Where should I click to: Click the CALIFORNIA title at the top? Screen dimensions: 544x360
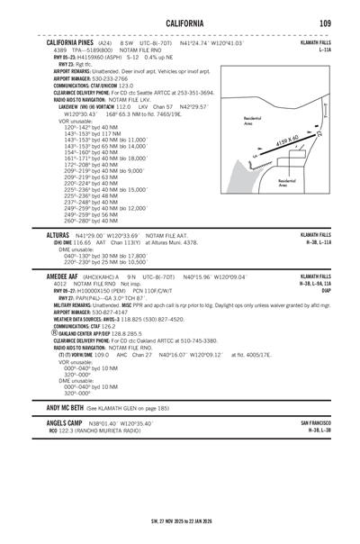click(179, 21)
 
